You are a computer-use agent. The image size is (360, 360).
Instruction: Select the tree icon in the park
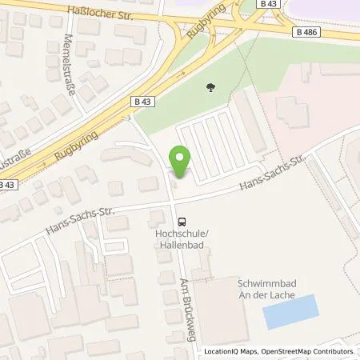point(210,88)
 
